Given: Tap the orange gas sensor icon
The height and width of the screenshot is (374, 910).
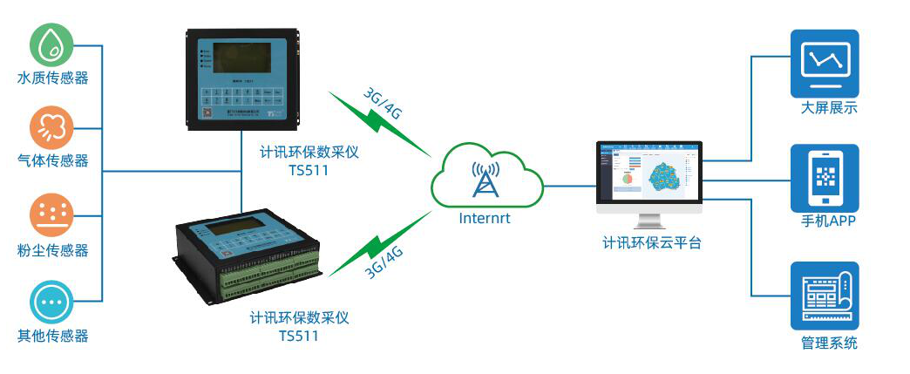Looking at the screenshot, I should point(52,128).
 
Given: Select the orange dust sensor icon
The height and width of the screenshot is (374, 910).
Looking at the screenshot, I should point(52,214).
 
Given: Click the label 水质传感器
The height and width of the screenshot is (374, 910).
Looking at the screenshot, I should point(53,78).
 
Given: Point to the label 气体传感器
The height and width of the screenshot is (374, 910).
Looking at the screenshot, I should point(53,161).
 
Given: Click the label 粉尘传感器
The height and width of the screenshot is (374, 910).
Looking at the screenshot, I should point(53,250).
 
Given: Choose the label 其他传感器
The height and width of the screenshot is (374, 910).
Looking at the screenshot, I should point(53,336).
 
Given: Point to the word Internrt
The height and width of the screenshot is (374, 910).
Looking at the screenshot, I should point(485,218).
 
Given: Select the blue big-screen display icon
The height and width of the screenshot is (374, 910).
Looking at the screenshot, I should point(824,64).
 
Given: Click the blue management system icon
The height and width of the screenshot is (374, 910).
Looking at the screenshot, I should point(824,294).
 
